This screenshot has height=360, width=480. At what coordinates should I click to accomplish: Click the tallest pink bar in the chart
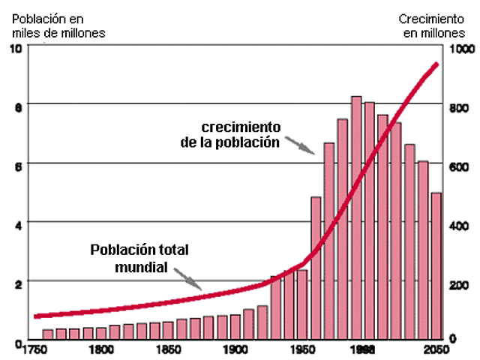click(x=357, y=217)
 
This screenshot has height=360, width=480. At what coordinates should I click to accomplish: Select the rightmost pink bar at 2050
click(x=436, y=266)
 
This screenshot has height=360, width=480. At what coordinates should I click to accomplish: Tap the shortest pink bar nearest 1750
click(x=47, y=334)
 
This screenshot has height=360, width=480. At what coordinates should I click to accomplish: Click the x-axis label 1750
click(x=34, y=349)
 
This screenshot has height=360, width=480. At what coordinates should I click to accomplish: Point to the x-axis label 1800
click(x=101, y=349)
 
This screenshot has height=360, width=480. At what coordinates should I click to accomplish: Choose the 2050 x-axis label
click(x=436, y=349)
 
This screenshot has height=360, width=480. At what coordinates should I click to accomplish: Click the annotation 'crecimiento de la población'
click(x=240, y=133)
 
